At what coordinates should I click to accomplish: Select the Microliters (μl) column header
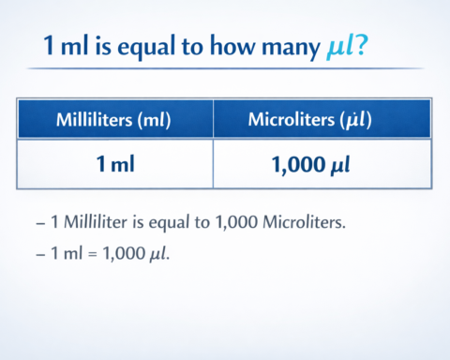pyautogui.click(x=322, y=119)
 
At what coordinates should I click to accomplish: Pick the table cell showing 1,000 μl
pyautogui.click(x=322, y=164)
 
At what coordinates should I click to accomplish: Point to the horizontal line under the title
pyautogui.click(x=225, y=68)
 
